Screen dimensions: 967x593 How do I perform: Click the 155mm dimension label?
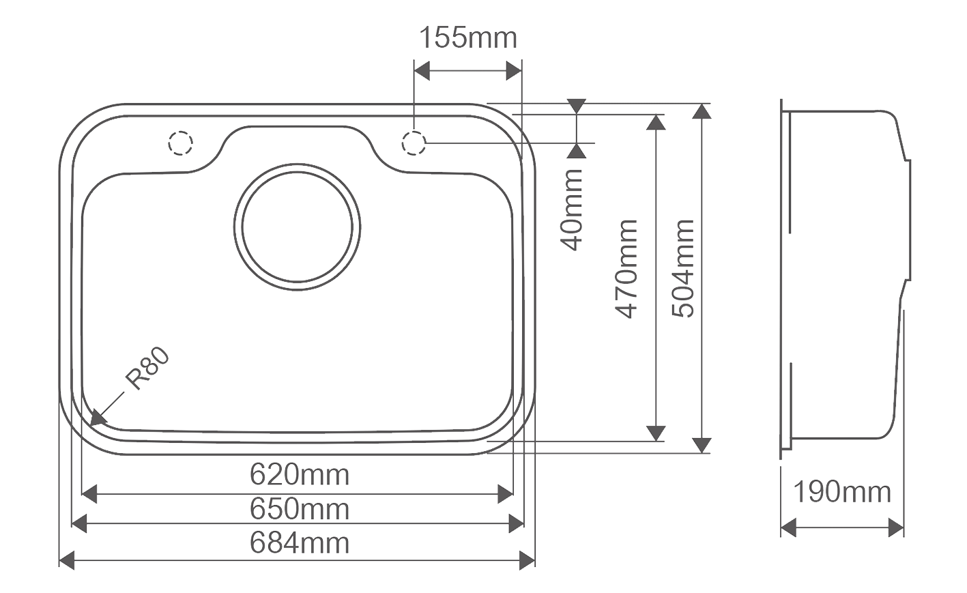pyautogui.click(x=468, y=38)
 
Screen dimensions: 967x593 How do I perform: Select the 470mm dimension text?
pyautogui.click(x=626, y=269)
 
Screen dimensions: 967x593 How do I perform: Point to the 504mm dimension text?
pyautogui.click(x=683, y=268)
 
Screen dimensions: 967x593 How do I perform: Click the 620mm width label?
pyautogui.click(x=299, y=474)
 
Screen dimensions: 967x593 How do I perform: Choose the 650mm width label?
pyautogui.click(x=299, y=509)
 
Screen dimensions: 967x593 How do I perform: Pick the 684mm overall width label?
pyautogui.click(x=299, y=543)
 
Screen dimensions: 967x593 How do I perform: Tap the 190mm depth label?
pyautogui.click(x=842, y=491)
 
